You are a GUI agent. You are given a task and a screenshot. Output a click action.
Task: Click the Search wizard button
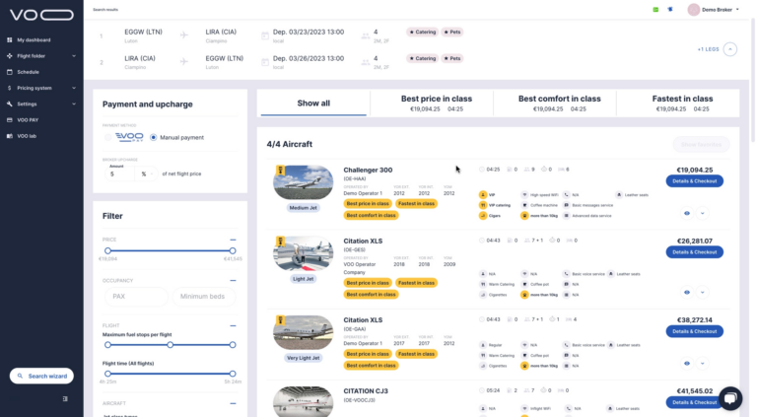41,376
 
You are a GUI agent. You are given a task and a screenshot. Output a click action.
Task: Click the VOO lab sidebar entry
27,135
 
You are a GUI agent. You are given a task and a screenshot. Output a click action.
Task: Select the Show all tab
313,103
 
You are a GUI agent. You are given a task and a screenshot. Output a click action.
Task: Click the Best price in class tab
436,103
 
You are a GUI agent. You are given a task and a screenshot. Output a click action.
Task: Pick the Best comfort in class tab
559,103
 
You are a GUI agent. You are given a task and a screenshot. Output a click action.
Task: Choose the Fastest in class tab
682,103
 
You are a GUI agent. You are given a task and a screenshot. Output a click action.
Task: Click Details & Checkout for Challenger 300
694,181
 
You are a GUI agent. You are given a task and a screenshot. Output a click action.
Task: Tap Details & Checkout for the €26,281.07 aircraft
694,252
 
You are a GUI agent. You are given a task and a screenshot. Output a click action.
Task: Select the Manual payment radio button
154,137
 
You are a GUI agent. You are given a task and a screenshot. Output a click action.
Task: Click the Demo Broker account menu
714,9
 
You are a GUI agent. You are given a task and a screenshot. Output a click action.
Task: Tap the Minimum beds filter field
204,296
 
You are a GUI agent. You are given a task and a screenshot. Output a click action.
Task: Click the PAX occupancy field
134,296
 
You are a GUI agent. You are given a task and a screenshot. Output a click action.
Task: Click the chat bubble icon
729,397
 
